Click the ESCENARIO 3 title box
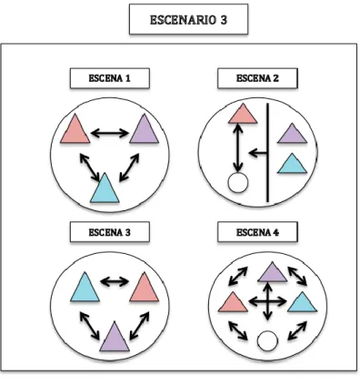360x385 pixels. point(188,19)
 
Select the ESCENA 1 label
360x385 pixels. point(110,78)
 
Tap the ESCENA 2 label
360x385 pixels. point(257,78)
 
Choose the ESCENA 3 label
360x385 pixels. point(110,232)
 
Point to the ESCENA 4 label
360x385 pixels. point(257,232)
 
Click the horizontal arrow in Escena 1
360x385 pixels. point(110,133)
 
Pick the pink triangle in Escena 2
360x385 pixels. point(243,116)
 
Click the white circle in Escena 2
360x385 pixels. point(238,182)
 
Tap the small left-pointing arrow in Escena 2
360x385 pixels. point(258,153)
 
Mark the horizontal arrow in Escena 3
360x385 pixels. point(115,281)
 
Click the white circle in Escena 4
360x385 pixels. point(267,340)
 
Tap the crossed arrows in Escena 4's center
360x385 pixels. point(267,301)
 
